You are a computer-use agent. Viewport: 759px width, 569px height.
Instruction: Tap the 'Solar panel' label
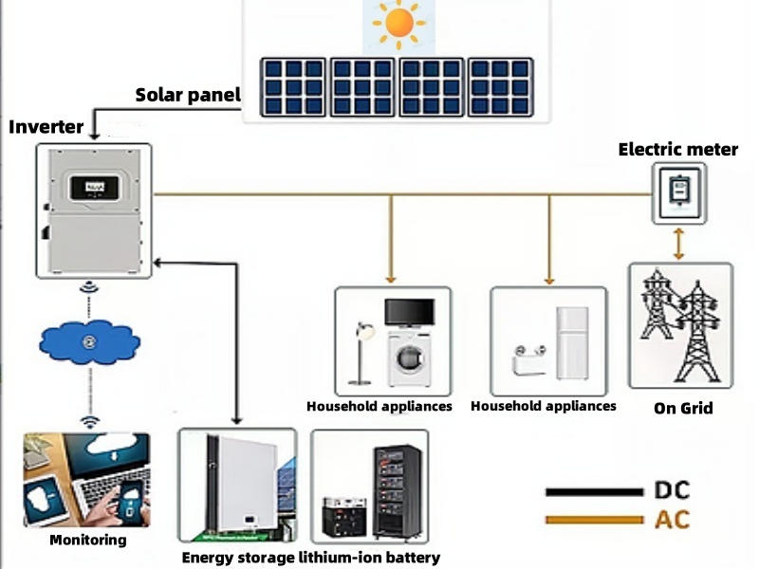(x=188, y=95)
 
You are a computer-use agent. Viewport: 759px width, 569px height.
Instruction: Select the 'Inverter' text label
(x=46, y=127)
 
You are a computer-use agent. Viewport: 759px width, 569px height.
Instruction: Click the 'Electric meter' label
(x=677, y=149)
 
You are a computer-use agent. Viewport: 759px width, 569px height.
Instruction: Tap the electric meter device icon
(x=678, y=193)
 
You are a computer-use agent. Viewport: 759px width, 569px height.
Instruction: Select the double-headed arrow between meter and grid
(x=678, y=243)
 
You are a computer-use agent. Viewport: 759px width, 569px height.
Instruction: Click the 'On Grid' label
(x=683, y=409)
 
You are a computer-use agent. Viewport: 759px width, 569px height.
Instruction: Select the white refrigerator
(x=573, y=342)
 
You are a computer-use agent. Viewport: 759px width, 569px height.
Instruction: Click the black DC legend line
(x=594, y=492)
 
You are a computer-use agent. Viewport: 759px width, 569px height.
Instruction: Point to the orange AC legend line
(x=594, y=520)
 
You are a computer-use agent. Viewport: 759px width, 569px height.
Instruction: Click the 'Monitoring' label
(x=87, y=541)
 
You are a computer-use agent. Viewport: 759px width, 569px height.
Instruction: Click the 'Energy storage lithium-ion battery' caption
(x=310, y=558)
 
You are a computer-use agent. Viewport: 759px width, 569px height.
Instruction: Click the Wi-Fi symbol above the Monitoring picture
(x=89, y=420)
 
